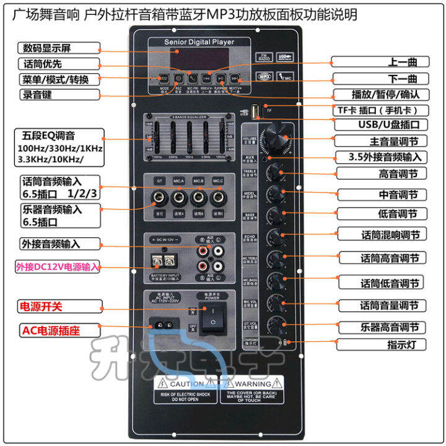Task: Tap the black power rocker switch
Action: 213,321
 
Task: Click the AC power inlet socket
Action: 165,323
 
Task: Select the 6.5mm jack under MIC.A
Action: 180,199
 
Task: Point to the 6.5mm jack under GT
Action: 159,199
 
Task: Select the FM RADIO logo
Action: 264,57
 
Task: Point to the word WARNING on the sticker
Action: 254,384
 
